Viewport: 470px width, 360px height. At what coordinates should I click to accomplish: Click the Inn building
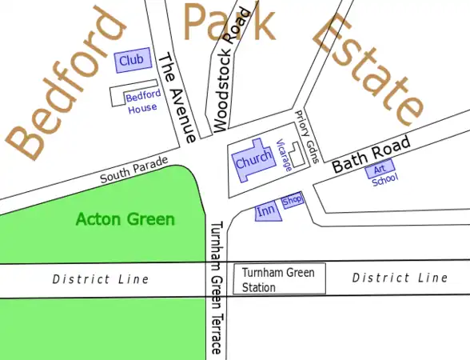click(x=266, y=211)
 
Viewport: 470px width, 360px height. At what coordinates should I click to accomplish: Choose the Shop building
click(x=293, y=201)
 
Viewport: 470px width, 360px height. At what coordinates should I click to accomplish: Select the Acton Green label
click(x=125, y=218)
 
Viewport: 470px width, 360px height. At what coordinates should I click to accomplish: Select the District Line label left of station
click(x=101, y=279)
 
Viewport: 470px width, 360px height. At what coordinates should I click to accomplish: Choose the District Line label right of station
click(x=400, y=278)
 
